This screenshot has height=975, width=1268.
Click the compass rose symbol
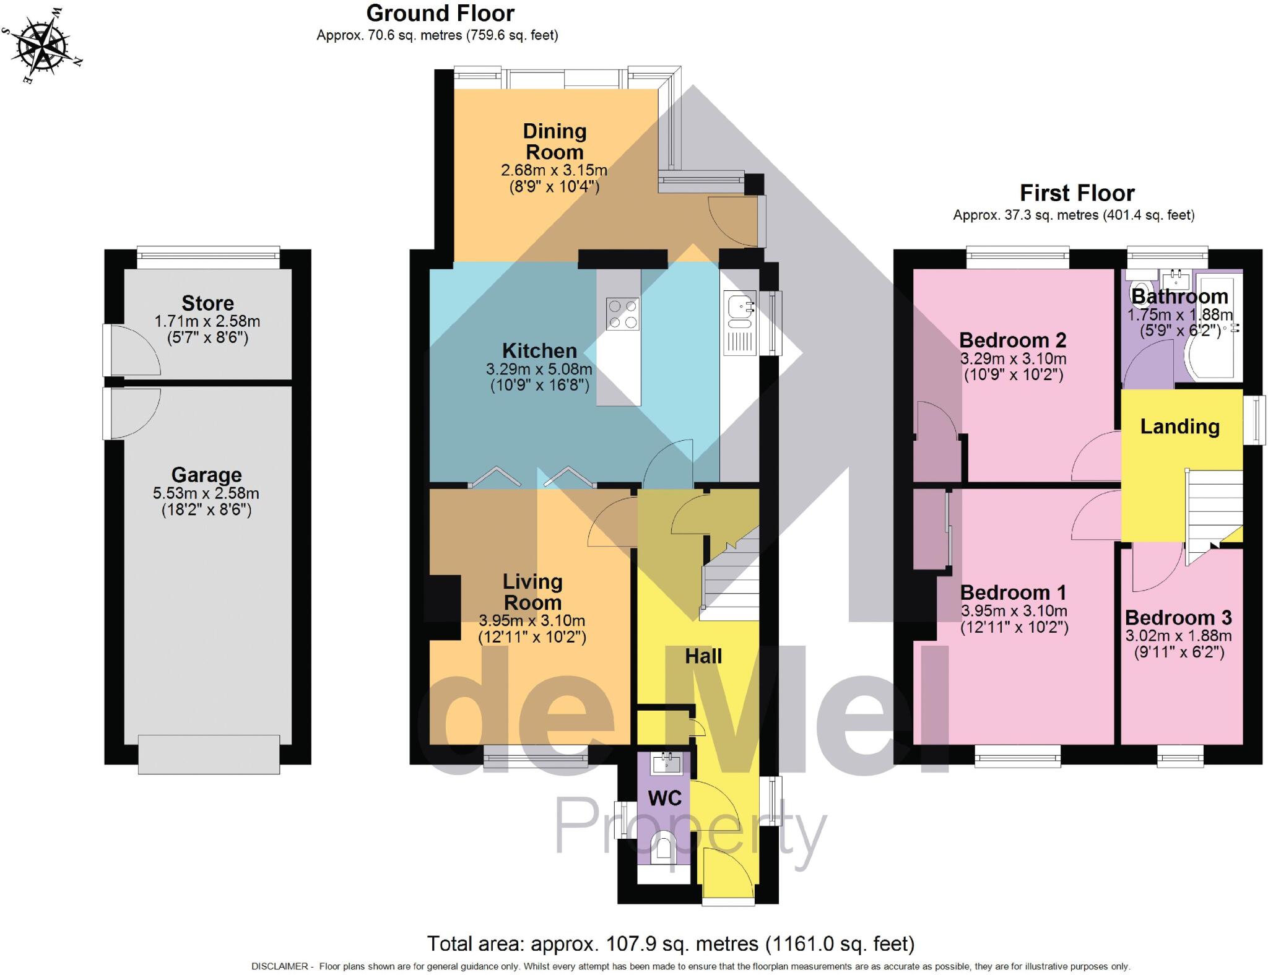41,45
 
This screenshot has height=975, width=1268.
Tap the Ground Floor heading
440,13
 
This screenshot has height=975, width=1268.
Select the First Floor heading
1077,193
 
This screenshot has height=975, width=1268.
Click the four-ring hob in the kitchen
623,314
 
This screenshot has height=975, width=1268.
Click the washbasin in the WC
666,763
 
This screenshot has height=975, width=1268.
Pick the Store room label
207,303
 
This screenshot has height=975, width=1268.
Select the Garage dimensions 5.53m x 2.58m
206,493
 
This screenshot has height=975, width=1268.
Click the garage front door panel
209,754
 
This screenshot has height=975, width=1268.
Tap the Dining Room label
554,141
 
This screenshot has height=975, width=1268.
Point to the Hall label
703,656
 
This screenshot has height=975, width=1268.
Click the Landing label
1180,427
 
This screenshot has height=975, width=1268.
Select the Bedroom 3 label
1178,618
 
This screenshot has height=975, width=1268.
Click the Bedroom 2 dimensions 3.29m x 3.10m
1014,359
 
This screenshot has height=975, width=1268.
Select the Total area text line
671,943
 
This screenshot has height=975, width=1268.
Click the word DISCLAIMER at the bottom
279,966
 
